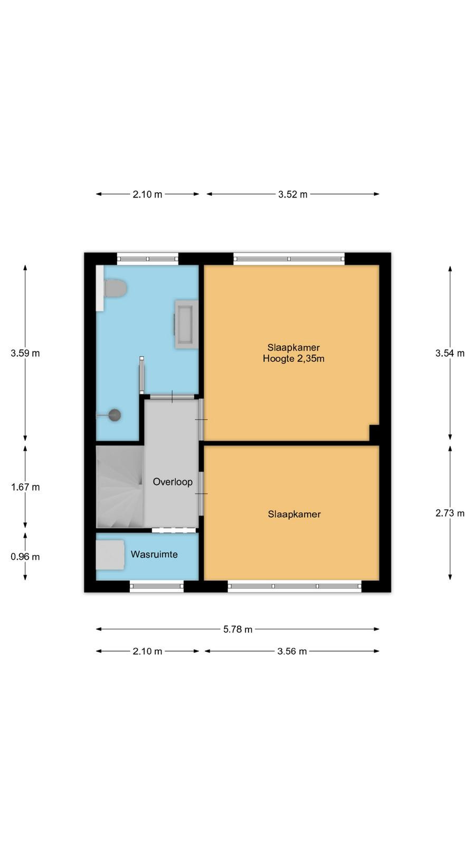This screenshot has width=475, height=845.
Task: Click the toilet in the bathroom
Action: point(115,288)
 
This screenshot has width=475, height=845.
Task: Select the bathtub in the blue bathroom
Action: point(186,324)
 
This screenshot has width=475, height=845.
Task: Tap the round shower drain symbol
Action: point(115,415)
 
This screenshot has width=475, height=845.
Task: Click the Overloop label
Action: point(173,482)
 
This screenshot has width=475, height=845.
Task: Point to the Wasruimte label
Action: point(154,554)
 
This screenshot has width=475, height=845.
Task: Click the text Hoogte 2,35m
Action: point(293,359)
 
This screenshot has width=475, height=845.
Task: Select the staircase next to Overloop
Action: point(120,486)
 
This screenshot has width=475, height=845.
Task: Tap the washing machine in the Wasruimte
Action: point(110,555)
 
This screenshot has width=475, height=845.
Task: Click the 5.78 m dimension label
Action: point(237,629)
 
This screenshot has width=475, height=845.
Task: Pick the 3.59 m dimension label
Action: point(25,353)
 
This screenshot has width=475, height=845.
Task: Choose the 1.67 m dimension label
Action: point(25,487)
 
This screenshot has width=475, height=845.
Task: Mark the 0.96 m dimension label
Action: point(25,557)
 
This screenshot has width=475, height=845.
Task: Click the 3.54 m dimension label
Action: point(450,353)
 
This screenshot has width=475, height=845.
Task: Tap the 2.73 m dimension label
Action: point(450,513)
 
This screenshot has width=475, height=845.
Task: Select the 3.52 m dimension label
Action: point(293,194)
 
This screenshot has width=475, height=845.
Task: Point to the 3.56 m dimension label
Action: point(292,651)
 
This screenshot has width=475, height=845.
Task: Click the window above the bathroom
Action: point(147,259)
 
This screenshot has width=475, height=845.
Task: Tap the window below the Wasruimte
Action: point(157,586)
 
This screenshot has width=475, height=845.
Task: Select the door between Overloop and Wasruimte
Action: point(174,530)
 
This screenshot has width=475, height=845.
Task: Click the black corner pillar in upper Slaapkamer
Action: point(374,433)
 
